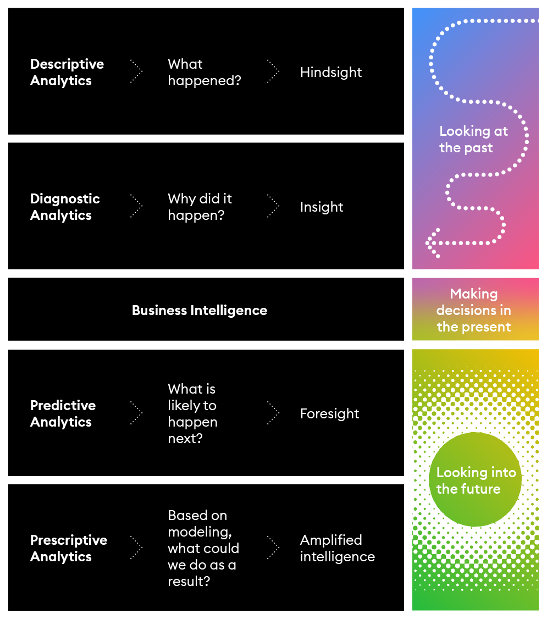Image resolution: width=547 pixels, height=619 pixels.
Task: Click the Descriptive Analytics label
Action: (x=67, y=72)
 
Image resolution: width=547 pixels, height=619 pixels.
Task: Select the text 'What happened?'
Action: (x=204, y=72)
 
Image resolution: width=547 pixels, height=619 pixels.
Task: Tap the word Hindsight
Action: (x=330, y=72)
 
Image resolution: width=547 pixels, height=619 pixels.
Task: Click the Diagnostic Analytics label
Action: (x=65, y=207)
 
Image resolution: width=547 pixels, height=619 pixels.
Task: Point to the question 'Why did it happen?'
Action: (x=200, y=207)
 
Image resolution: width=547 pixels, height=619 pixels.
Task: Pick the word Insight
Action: (x=321, y=207)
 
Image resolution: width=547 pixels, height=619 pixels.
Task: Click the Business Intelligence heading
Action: (x=199, y=310)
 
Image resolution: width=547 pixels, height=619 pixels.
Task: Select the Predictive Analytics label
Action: (x=63, y=413)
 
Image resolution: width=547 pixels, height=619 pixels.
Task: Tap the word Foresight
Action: (x=329, y=413)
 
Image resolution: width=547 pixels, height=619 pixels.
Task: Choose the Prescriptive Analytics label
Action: (x=68, y=548)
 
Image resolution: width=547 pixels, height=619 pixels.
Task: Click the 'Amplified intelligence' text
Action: (x=337, y=548)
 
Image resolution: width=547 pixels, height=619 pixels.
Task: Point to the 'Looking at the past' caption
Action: (x=473, y=139)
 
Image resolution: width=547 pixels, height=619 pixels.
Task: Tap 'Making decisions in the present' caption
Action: (x=473, y=310)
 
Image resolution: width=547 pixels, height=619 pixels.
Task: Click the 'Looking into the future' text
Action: (x=476, y=480)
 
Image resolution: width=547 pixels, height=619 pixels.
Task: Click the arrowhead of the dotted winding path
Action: (x=431, y=242)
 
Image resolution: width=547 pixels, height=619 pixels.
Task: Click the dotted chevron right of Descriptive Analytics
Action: (x=136, y=71)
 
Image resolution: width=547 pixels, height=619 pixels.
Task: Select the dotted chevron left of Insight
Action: (x=273, y=206)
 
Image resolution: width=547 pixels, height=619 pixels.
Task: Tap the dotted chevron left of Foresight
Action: (x=273, y=413)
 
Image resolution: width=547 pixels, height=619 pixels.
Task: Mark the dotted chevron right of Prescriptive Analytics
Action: (x=136, y=548)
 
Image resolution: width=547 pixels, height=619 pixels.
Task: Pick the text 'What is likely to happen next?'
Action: (x=192, y=413)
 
